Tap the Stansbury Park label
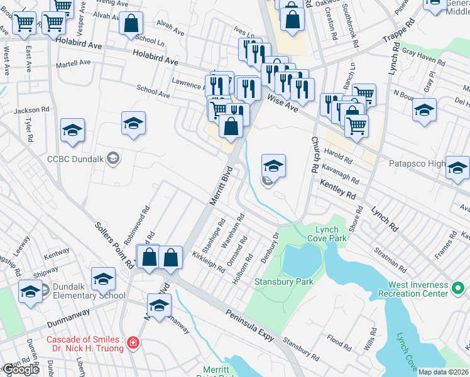[x=283, y=282]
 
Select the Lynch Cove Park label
[x=327, y=234]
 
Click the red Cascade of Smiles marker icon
[x=133, y=343]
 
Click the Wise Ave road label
[x=282, y=101]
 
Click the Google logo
[x=21, y=370]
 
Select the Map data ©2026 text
[x=443, y=372]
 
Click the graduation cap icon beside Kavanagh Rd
[x=273, y=166]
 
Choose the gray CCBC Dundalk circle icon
[x=112, y=158]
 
